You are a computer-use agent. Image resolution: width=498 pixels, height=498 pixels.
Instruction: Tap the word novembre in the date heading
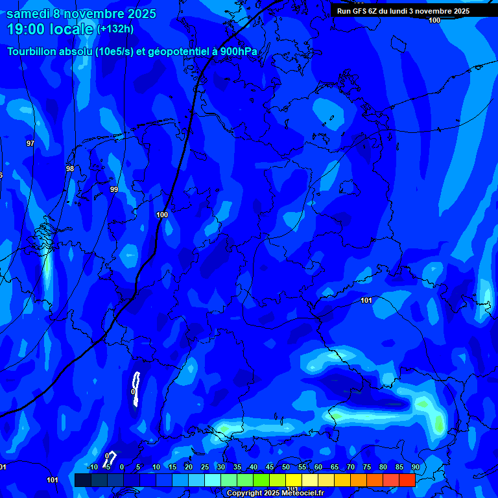pyautogui.click(x=95, y=14)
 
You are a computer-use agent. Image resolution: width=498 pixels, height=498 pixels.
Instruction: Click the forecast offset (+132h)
pyautogui.click(x=115, y=29)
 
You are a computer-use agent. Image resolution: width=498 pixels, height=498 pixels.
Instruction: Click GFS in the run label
pyautogui.click(x=361, y=11)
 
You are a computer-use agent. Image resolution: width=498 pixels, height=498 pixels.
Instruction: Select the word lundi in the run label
pyautogui.click(x=410, y=11)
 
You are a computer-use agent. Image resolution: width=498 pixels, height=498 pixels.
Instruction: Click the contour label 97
pyautogui.click(x=30, y=143)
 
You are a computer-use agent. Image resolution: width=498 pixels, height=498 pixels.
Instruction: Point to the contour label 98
pyautogui.click(x=70, y=169)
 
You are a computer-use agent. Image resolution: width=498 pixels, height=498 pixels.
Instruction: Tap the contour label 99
pyautogui.click(x=114, y=189)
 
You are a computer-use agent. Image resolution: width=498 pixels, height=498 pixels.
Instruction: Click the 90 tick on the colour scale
pyautogui.click(x=415, y=467)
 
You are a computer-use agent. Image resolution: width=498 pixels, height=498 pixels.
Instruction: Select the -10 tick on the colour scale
pyautogui.click(x=93, y=467)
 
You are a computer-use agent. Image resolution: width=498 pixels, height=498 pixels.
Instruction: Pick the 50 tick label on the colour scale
pyautogui.click(x=286, y=467)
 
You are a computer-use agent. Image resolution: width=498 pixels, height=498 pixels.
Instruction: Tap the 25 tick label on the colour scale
pyautogui.click(x=205, y=467)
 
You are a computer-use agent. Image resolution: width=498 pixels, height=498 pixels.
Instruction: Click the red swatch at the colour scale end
pyautogui.click(x=407, y=480)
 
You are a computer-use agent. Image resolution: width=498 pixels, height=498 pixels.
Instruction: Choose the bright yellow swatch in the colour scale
pyautogui.click(x=293, y=480)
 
